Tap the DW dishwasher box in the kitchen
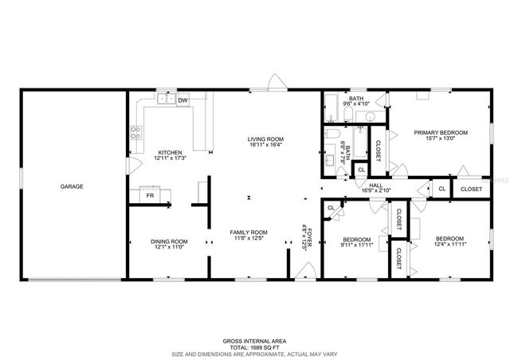[182, 100]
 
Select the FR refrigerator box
[149, 194]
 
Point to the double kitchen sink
[167, 100]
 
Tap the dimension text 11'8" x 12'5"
[248, 238]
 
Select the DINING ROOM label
[169, 241]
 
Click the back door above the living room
[273, 82]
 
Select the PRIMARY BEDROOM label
[440, 132]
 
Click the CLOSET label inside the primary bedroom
[378, 151]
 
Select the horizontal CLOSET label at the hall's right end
[471, 189]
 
